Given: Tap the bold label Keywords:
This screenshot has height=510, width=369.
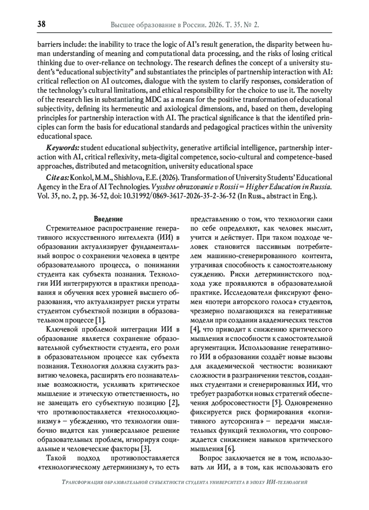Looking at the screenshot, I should [x=62, y=148].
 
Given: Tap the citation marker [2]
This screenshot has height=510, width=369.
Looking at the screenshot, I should [x=174, y=403].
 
